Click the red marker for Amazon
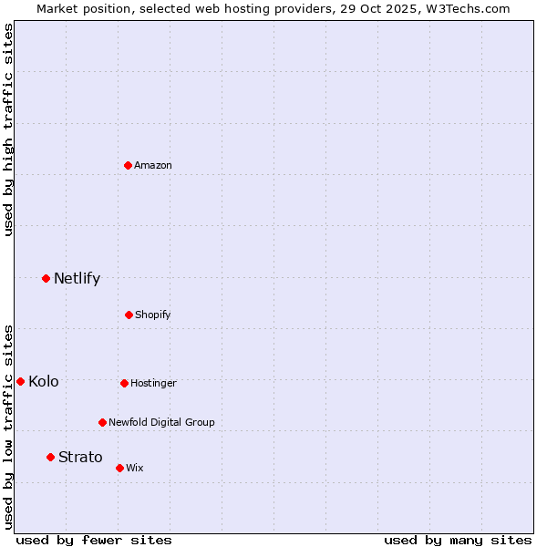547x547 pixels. [x=129, y=165]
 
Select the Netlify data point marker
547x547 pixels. [x=46, y=278]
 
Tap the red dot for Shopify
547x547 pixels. [x=129, y=315]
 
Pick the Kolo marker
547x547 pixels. [x=20, y=381]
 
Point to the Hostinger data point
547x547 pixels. [x=124, y=383]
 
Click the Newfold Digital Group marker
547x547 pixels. [x=102, y=422]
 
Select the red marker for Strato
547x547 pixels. [x=50, y=457]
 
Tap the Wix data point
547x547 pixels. [x=119, y=468]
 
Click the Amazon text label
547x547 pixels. [x=153, y=165]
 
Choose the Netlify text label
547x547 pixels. [x=77, y=278]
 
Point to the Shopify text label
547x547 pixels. [x=153, y=315]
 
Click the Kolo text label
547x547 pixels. [x=44, y=381]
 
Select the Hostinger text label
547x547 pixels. [x=153, y=383]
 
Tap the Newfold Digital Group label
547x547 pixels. [x=161, y=422]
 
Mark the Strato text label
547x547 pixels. [x=80, y=457]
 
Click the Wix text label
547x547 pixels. [x=135, y=468]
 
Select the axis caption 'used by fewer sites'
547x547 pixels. [x=94, y=540]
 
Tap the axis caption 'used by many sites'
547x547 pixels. [x=458, y=540]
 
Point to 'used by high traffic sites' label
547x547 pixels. [x=8, y=129]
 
